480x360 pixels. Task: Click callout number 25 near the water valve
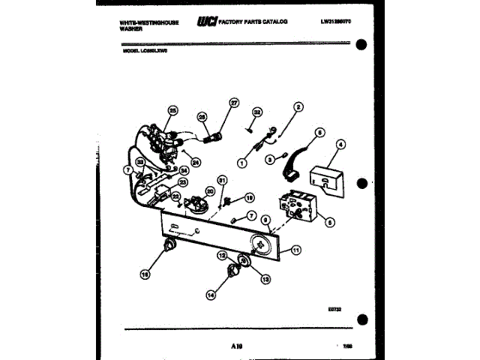click(x=172, y=111)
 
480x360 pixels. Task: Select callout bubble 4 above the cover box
click(x=340, y=144)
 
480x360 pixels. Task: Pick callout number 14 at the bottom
click(x=211, y=295)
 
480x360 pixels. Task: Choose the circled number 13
click(x=265, y=279)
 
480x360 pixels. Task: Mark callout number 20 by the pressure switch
click(x=210, y=192)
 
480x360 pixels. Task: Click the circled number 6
click(x=320, y=132)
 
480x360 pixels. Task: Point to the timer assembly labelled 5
click(x=298, y=207)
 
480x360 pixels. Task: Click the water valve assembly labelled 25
click(x=161, y=142)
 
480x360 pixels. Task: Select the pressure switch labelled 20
click(x=197, y=205)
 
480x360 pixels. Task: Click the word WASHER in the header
click(x=130, y=28)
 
